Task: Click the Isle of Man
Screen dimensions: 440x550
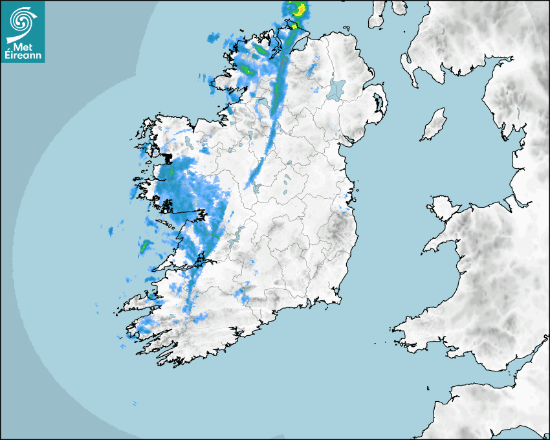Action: (434, 125)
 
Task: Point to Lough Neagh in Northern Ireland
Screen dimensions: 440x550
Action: (336, 89)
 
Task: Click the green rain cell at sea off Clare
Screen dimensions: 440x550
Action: (145, 246)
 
